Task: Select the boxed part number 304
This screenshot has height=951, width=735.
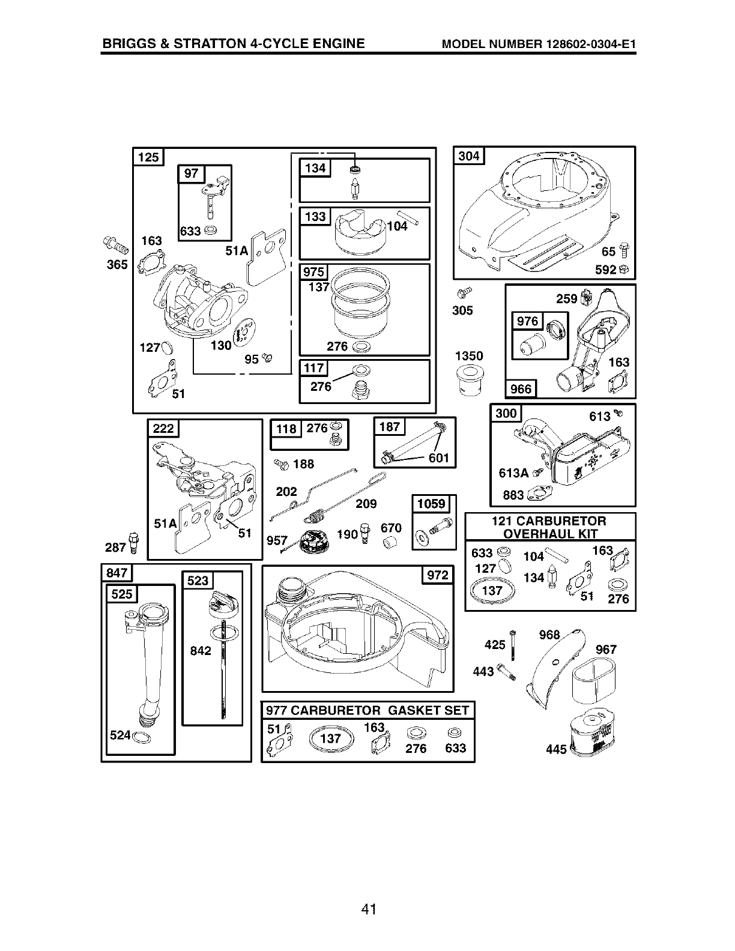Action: point(468,156)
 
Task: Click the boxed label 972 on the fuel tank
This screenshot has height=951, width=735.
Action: point(437,575)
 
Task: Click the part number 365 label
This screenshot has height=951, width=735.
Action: point(117,264)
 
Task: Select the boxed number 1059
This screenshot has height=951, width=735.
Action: point(431,503)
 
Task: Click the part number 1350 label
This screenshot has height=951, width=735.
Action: point(469,356)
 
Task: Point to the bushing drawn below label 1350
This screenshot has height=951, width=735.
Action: point(469,381)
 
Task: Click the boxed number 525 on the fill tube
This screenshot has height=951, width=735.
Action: point(122,594)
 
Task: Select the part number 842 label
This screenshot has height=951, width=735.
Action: point(201,651)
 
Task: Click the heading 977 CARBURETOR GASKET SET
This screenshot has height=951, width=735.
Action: point(367,711)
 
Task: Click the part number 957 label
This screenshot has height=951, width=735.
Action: point(277,540)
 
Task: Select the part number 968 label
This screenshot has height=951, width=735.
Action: point(549,635)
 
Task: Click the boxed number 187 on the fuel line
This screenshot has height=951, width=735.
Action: point(390,427)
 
